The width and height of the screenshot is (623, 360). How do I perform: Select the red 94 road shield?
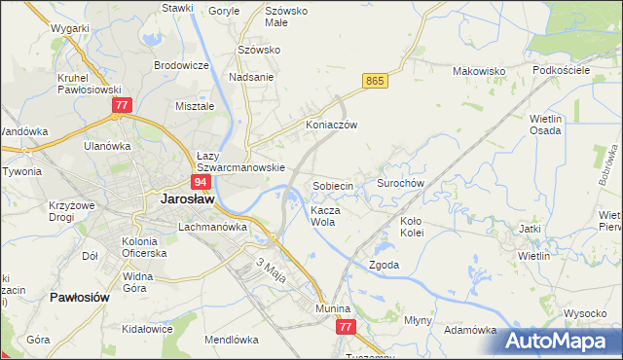coord(201,182)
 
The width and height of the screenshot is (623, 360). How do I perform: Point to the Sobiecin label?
coord(338,185)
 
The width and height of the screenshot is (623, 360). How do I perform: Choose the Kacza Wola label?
coord(323,215)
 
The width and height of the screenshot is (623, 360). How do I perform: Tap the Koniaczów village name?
coord(332,126)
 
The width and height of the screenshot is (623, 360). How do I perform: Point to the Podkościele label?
coord(562,71)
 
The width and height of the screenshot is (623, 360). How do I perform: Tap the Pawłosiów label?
coord(78,298)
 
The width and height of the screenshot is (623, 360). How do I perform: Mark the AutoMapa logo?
coord(560,340)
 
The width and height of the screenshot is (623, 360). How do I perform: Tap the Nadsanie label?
coord(250,77)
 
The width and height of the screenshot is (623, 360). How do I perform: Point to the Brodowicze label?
coord(181,65)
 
